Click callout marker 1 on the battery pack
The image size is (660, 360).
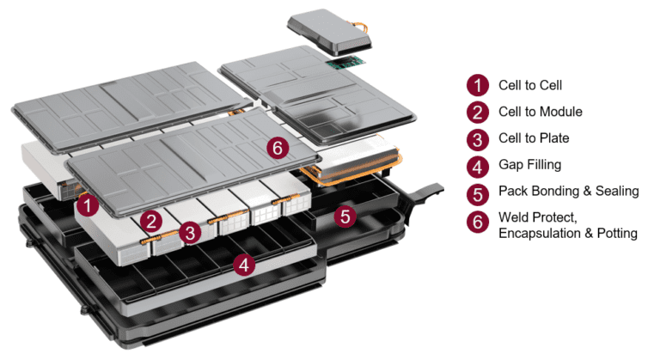86,205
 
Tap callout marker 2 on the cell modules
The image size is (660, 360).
151,220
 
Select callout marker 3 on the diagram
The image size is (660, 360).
192,231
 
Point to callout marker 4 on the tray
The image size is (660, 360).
246,265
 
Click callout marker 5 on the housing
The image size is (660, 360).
345,217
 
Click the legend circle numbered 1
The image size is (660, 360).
477,85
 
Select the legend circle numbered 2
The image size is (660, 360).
477,112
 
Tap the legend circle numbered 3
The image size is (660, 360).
477,138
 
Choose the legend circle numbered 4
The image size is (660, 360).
477,164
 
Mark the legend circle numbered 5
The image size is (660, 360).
477,191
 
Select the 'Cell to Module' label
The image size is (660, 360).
540,112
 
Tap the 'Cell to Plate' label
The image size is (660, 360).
533,138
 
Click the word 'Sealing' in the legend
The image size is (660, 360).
616,191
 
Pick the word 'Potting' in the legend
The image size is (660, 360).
616,233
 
